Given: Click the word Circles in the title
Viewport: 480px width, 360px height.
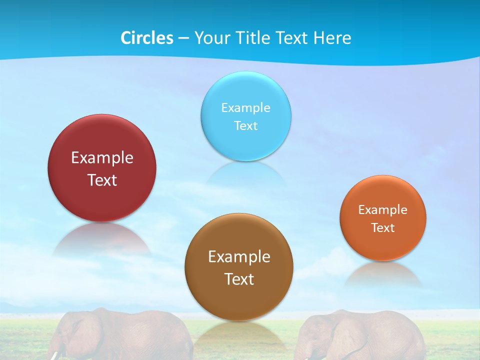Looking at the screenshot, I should [x=147, y=38].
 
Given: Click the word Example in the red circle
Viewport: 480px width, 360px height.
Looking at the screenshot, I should [x=102, y=158].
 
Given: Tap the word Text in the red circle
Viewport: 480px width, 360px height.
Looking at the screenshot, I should [x=102, y=180].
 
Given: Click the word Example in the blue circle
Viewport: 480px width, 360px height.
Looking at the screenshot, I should [x=245, y=107].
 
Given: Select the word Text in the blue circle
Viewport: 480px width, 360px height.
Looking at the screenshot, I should [x=245, y=125].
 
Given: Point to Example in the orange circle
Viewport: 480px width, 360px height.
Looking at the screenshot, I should [x=383, y=209].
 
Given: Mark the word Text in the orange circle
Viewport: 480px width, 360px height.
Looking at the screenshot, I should [x=383, y=227].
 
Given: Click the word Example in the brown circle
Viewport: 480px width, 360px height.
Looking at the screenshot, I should [x=239, y=256].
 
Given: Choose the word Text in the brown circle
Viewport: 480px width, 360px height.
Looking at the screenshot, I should [x=239, y=279].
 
